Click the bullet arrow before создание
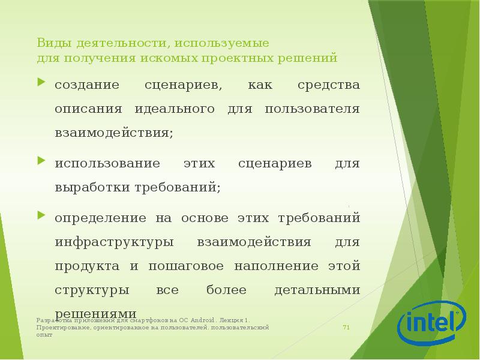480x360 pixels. coord(41,82)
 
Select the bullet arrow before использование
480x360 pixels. coord(41,161)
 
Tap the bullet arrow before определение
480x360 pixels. coord(41,214)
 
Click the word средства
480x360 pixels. coord(329,85)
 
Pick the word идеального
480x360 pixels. coord(178,109)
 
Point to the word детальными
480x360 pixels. coord(317,290)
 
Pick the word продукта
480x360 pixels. coord(83,266)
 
